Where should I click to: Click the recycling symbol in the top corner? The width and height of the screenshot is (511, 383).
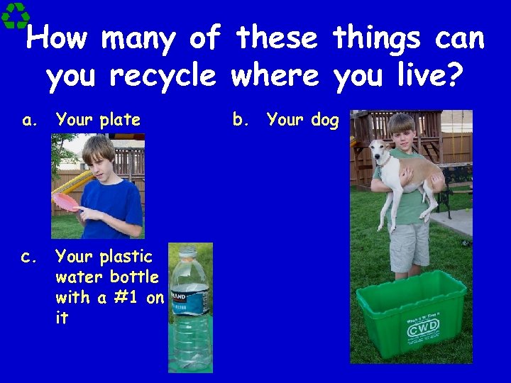[x=15, y=15]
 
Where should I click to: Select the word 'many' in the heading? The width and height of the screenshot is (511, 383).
[x=140, y=39]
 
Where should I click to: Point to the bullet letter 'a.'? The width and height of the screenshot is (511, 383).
[x=30, y=121]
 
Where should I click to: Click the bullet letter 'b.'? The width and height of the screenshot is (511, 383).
[x=241, y=121]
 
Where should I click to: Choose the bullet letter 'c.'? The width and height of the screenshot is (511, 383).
[x=30, y=256]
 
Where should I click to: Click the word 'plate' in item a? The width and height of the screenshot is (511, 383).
[x=120, y=121]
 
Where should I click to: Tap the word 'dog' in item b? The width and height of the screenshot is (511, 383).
[x=324, y=121]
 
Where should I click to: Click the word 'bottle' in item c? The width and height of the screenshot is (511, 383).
[x=135, y=277]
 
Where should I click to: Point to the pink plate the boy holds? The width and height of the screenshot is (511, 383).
[x=65, y=201]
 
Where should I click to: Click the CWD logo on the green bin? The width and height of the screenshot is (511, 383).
[x=424, y=328]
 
